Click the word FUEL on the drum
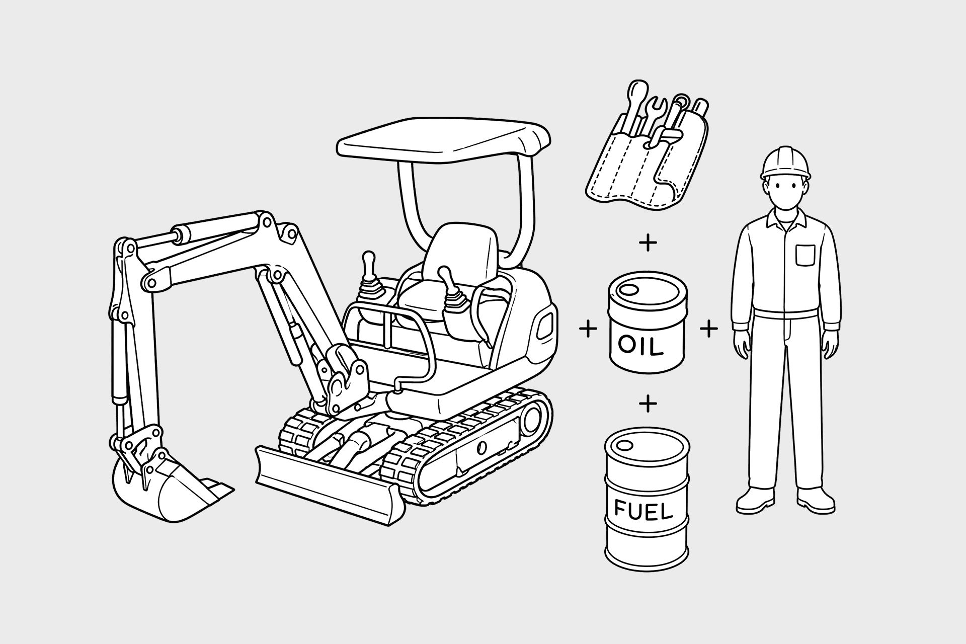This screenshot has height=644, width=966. pos(643,512)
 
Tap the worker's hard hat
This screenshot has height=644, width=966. pos(786,165)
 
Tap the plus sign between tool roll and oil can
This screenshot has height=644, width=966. pos(648,244)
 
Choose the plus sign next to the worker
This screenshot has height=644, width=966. pos(709,330)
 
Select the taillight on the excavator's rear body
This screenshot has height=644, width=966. pos(544,326)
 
